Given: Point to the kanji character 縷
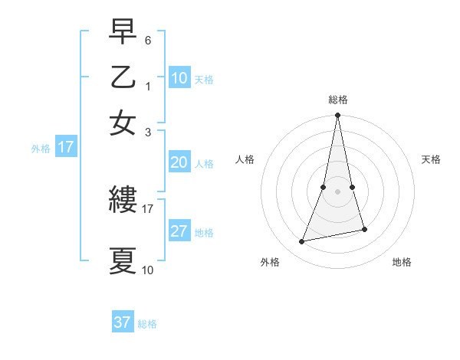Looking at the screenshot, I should tap(123, 201).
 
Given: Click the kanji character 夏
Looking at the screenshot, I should tap(123, 261).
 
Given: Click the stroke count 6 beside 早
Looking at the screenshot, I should tap(149, 39).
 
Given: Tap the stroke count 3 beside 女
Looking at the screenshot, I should tap(149, 131).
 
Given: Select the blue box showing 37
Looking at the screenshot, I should tap(123, 322).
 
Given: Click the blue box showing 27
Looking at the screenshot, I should tap(179, 231).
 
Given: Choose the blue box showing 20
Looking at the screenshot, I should tap(179, 162).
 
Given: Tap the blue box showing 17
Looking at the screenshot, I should tap(65, 147).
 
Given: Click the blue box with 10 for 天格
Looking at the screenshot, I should tap(179, 78).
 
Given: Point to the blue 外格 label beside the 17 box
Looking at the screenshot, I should tap(41, 149).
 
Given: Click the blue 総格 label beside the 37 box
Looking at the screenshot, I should tap(148, 324).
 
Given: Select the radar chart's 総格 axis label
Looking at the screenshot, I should tap(338, 100).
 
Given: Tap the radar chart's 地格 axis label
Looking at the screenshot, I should tap(402, 263).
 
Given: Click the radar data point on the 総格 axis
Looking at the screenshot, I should tap(338, 116).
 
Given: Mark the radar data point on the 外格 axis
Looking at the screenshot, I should tap(302, 242).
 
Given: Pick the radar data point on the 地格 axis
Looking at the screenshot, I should tap(364, 229).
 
